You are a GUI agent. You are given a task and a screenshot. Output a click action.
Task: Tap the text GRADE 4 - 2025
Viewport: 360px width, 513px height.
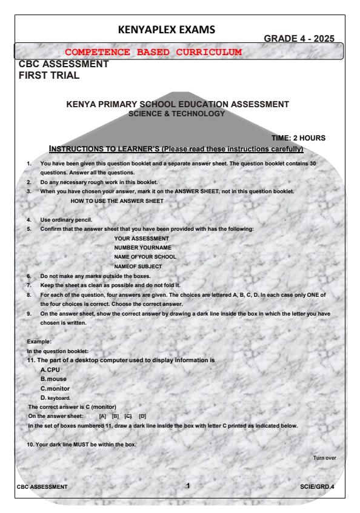click(301, 39)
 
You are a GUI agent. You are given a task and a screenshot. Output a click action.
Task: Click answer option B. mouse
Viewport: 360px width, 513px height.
click(55, 379)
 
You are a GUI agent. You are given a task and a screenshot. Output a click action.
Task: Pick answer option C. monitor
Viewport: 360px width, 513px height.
click(58, 388)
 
